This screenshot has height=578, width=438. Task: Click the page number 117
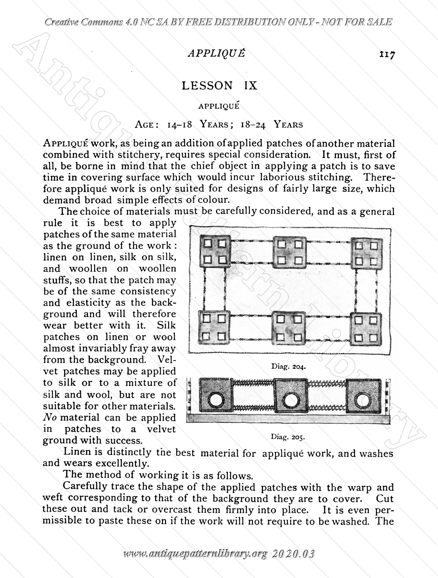pos(387,55)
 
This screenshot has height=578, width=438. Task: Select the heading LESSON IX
pos(219,86)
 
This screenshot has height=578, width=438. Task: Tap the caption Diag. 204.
pos(288,366)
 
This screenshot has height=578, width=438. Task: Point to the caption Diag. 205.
pos(288,437)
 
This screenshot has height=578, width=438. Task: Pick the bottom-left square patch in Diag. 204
pos(215,328)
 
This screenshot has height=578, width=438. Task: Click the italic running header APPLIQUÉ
pos(216,53)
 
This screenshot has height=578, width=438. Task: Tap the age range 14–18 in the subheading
pos(179,125)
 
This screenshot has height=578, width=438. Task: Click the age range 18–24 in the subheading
pos(253,125)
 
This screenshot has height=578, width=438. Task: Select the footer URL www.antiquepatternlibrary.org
pos(195,554)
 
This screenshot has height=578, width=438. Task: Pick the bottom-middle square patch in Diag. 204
pos(289,328)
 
